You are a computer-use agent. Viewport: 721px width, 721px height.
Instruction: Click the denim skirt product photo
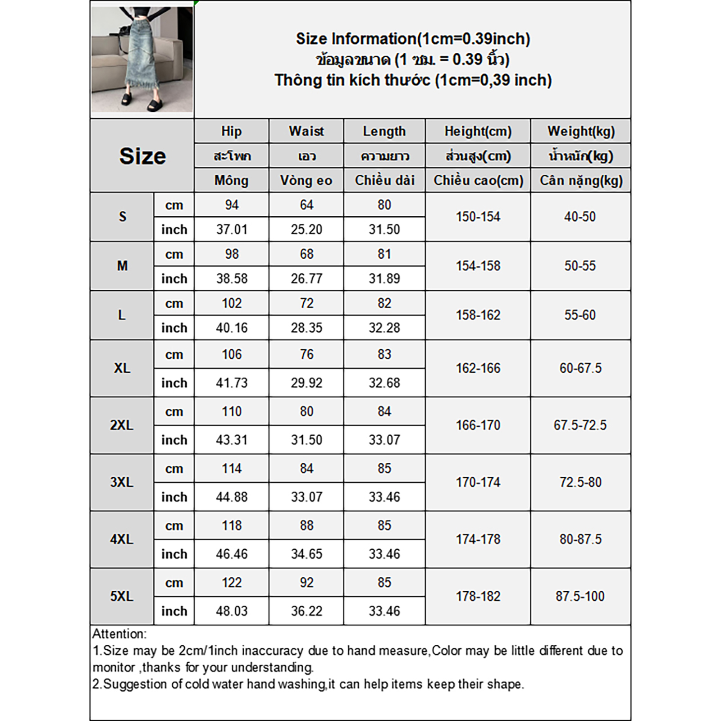coord(142,59)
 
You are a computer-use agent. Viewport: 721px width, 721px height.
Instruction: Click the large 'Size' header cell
coord(142,156)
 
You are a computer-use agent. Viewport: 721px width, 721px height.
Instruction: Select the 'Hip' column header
coord(231,131)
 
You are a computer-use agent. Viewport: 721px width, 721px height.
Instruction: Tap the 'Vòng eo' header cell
coord(306,180)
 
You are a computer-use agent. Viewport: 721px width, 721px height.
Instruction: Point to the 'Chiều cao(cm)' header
coord(478,180)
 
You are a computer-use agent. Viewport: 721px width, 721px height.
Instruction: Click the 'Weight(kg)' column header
coord(581,131)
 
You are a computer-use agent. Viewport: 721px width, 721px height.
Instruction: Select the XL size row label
coord(122,368)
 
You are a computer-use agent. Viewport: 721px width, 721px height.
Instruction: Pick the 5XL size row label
coord(122,596)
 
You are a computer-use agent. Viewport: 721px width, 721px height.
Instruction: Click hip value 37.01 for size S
coord(232,229)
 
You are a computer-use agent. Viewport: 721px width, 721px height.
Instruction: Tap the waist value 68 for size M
coord(306,254)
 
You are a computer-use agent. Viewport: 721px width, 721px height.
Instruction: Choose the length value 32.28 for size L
coord(384,328)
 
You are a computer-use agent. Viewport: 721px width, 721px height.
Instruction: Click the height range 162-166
coord(478,368)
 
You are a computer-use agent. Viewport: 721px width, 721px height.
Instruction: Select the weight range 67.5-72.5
coord(580,425)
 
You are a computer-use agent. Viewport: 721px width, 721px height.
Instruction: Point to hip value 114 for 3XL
coord(232,469)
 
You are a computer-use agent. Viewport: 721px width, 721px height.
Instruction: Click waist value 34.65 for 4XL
coord(306,554)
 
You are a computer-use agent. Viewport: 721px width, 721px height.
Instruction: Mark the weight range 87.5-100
coord(580,596)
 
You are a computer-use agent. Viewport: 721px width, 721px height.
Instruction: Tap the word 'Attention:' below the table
coord(119,634)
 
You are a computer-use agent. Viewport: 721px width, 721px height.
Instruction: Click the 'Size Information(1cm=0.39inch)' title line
coord(413,39)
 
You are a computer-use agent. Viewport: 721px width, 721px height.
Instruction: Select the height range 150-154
coord(478,217)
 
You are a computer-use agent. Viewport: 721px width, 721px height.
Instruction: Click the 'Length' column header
coord(384,131)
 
